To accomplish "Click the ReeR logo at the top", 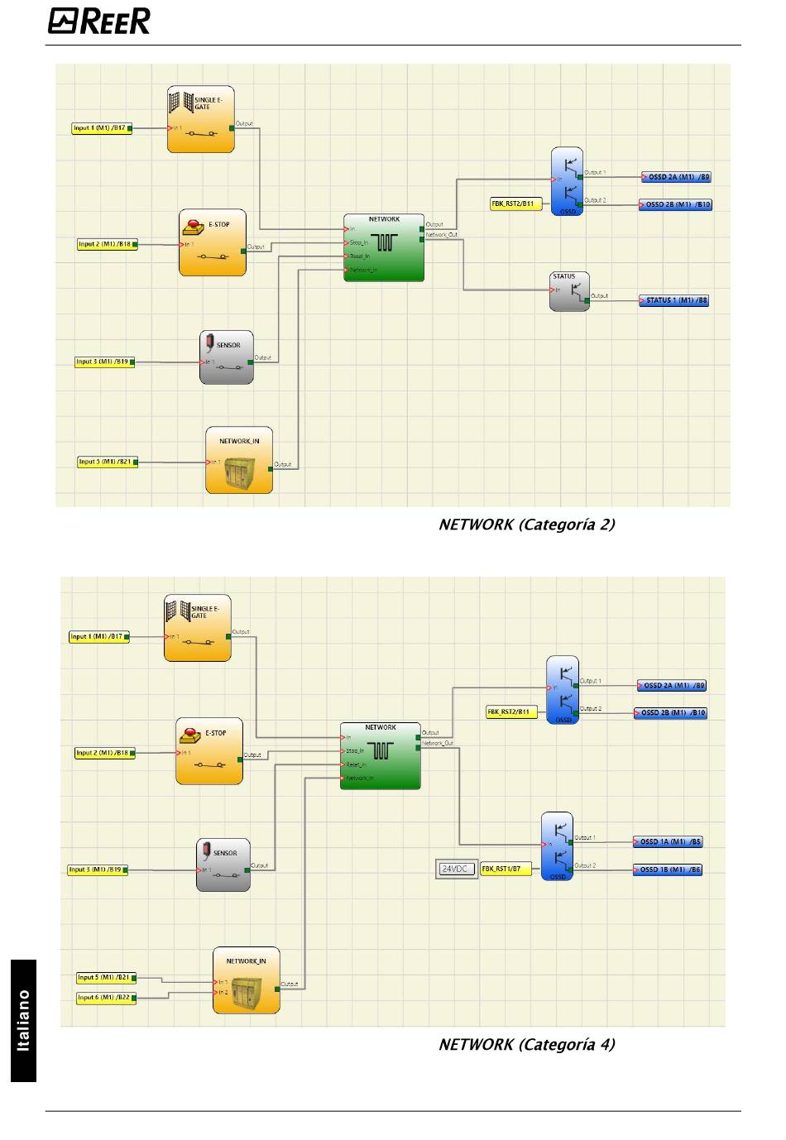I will pyautogui.click(x=99, y=21).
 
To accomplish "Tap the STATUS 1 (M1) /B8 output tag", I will pyautogui.click(x=673, y=300).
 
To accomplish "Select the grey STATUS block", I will pyautogui.click(x=569, y=291).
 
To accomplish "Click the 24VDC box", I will pyautogui.click(x=457, y=869).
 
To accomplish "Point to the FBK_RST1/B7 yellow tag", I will pyautogui.click(x=506, y=869).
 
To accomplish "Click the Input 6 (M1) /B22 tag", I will pyautogui.click(x=106, y=998).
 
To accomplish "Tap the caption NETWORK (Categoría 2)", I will pyautogui.click(x=526, y=524).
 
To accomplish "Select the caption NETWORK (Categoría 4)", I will pyautogui.click(x=526, y=1045).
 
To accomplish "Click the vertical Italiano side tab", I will pyautogui.click(x=24, y=1020).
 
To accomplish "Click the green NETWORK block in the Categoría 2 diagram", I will pyautogui.click(x=384, y=247).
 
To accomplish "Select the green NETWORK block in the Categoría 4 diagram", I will pyautogui.click(x=381, y=756).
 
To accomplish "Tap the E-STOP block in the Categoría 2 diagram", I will pyautogui.click(x=213, y=242).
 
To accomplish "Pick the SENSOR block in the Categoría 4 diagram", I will pyautogui.click(x=223, y=865).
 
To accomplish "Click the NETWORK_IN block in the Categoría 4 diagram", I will pyautogui.click(x=247, y=980).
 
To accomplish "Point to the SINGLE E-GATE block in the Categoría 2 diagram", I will pyautogui.click(x=201, y=119).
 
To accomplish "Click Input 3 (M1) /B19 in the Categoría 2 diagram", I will pyautogui.click(x=104, y=362).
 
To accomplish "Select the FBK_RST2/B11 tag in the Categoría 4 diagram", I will pyautogui.click(x=510, y=712).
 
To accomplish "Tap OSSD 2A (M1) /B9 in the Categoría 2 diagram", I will pyautogui.click(x=677, y=177).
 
